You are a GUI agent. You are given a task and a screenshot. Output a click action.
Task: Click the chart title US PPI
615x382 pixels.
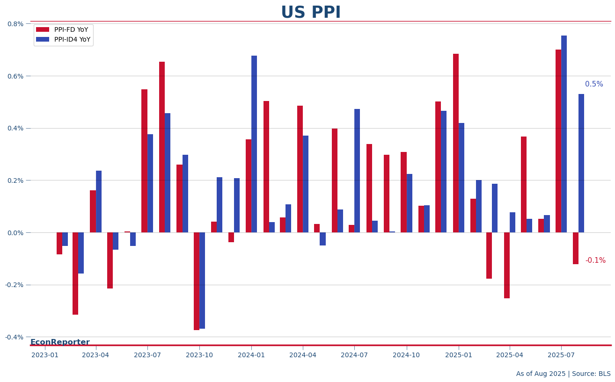click(311, 13)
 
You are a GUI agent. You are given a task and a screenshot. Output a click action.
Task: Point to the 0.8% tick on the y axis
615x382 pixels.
click(15, 24)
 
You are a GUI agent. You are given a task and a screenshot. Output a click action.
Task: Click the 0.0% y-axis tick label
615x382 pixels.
click(15, 233)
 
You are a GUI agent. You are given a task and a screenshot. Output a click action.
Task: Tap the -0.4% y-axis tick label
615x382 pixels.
click(14, 337)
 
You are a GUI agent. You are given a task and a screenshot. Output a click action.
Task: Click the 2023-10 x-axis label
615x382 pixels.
click(199, 355)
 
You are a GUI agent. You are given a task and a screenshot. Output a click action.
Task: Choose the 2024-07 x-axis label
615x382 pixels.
click(354, 355)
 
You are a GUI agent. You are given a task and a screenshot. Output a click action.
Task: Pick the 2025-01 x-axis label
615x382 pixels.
click(459, 355)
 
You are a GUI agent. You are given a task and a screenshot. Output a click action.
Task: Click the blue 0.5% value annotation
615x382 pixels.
click(594, 85)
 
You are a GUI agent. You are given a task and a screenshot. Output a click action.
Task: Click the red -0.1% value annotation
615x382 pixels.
click(595, 261)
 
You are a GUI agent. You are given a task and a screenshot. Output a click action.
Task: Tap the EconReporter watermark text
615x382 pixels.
click(60, 342)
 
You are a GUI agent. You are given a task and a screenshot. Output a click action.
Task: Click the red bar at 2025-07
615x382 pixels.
click(558, 141)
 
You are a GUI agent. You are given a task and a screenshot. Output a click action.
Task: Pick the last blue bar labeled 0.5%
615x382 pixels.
click(581, 163)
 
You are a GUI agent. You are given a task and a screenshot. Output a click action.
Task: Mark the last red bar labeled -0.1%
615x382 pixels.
click(576, 248)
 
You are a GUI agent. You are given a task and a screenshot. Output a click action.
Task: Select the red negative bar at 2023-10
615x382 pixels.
click(197, 281)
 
